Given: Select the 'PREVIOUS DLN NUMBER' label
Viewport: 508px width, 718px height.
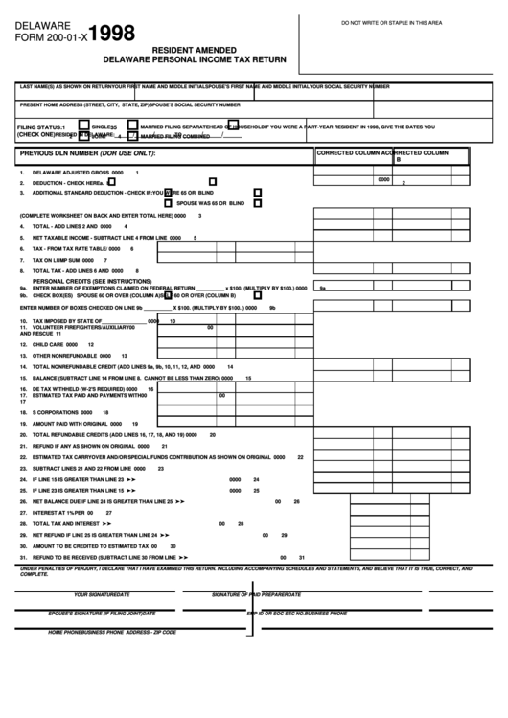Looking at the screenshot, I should (86, 153).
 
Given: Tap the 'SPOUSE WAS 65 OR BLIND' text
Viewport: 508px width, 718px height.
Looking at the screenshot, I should (211, 204).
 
